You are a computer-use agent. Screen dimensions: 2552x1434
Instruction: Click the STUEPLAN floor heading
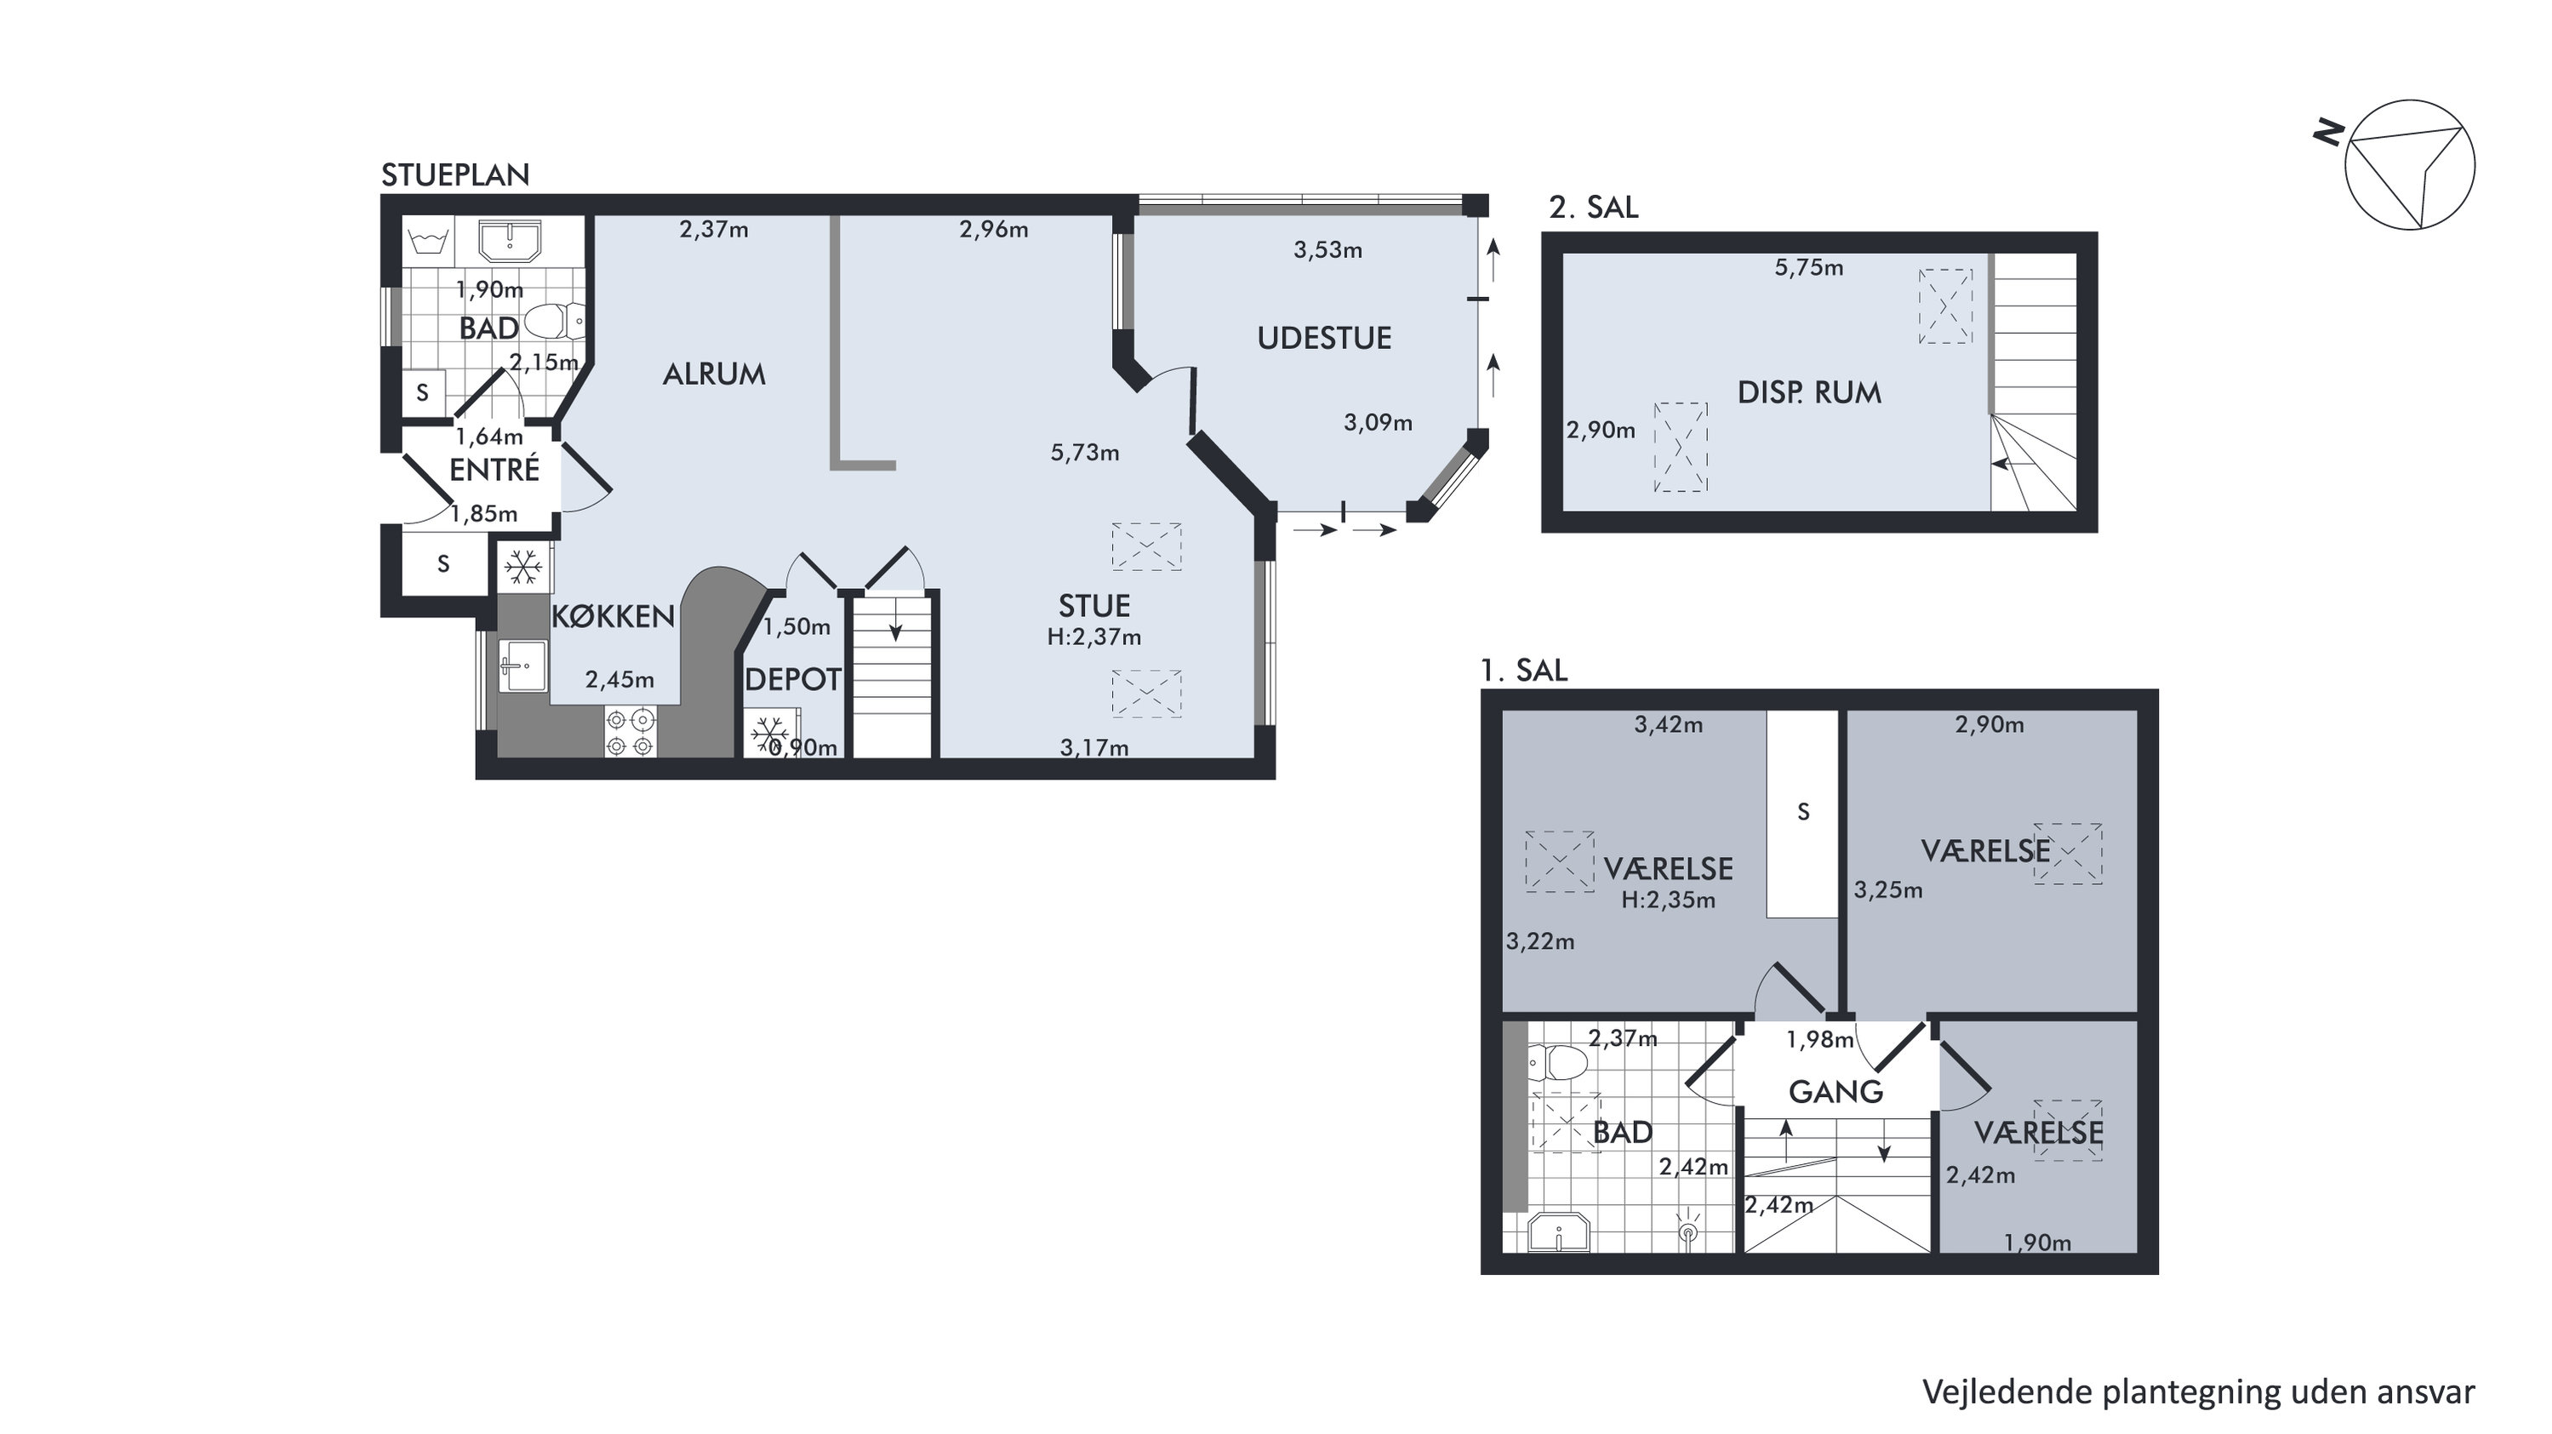456,175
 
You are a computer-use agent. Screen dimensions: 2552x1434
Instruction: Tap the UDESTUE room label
1325,338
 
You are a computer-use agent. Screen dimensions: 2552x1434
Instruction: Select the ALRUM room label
714,374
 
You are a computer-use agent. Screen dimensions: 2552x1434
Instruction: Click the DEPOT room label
792,679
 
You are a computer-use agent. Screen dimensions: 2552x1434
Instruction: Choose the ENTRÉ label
494,469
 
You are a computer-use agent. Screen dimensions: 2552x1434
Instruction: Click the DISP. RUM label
1809,392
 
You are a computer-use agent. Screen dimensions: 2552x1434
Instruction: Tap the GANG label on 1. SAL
1835,1092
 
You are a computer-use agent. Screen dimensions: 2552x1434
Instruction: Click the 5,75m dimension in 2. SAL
1809,267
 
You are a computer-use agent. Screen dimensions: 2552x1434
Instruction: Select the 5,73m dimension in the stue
1085,453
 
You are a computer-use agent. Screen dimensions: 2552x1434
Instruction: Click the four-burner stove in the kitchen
630,733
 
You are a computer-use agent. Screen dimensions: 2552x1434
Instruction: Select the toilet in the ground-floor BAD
555,321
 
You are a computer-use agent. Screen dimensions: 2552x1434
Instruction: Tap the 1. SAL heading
1524,671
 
